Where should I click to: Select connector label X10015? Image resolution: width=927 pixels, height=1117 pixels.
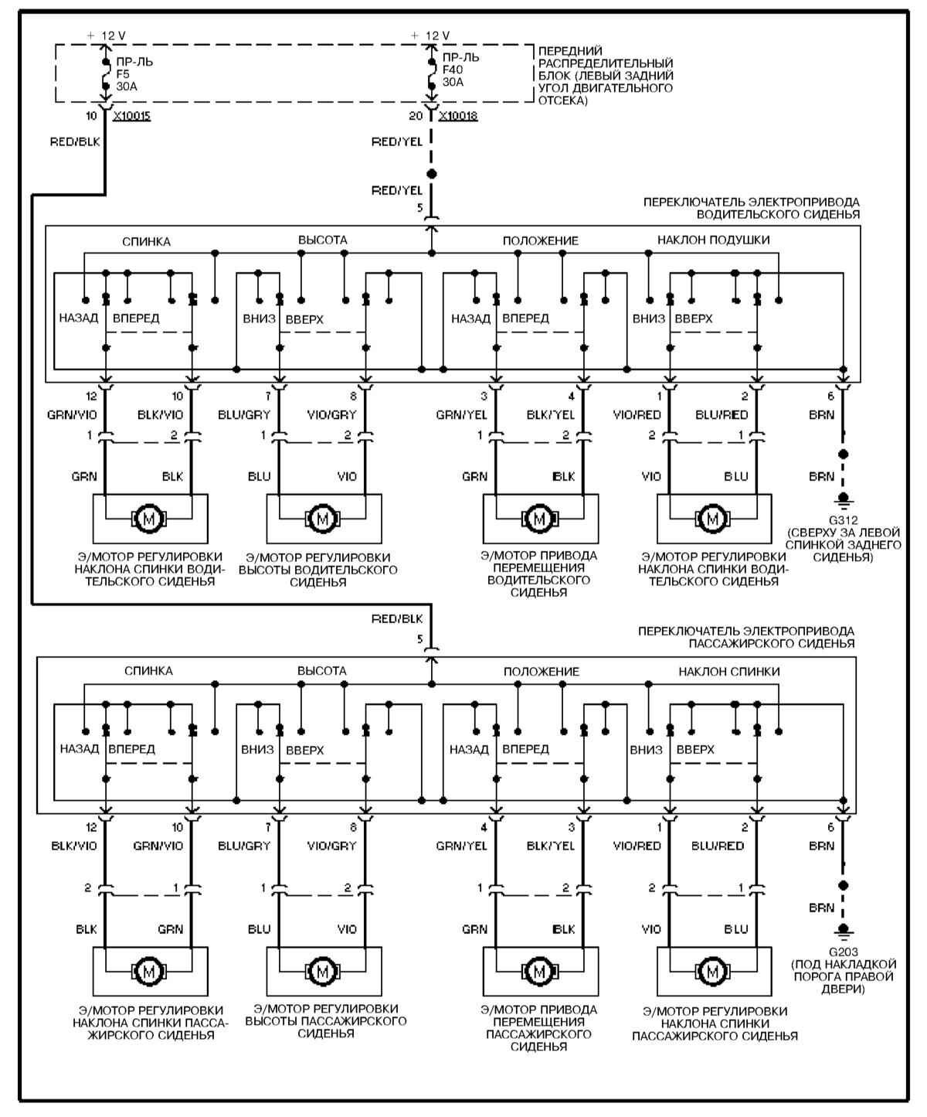[x=131, y=116]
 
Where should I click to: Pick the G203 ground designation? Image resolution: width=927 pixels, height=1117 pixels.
[x=843, y=952]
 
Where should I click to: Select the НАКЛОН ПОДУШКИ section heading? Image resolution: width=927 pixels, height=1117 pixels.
[x=713, y=240]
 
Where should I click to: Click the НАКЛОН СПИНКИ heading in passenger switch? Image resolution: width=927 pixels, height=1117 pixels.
[x=729, y=671]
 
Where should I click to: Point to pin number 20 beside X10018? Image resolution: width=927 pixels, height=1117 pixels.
[x=416, y=116]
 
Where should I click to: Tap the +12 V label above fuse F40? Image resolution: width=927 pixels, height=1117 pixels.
[x=430, y=36]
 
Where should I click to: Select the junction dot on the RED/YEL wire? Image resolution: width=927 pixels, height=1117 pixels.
[x=432, y=174]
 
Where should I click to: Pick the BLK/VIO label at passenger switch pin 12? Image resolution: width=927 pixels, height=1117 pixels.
[x=74, y=846]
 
